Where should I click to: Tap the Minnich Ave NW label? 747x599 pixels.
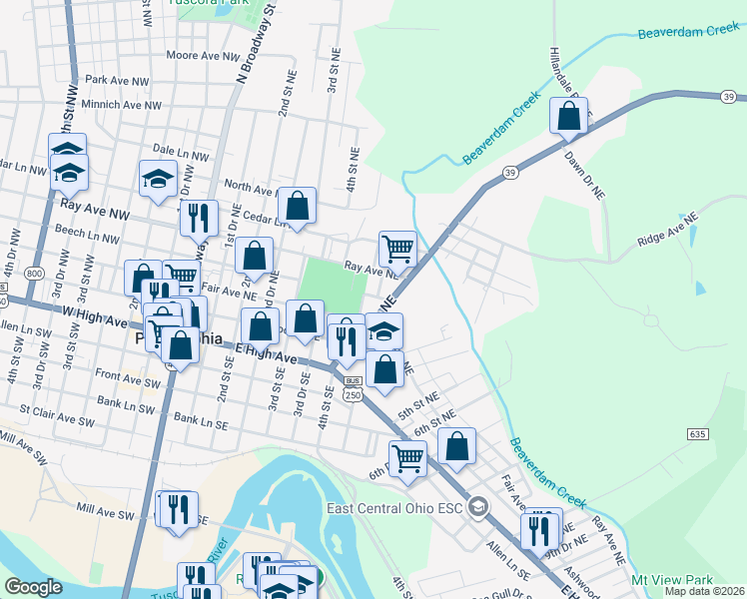[124, 104]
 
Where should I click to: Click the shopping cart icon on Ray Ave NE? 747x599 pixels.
[397, 248]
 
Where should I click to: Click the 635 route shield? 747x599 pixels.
[698, 433]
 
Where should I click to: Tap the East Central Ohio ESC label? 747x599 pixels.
[396, 508]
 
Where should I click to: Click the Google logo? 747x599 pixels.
[33, 587]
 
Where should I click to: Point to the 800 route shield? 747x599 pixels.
[36, 273]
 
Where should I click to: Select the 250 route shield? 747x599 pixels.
[353, 395]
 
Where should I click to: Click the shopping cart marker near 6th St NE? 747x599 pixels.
[407, 458]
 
